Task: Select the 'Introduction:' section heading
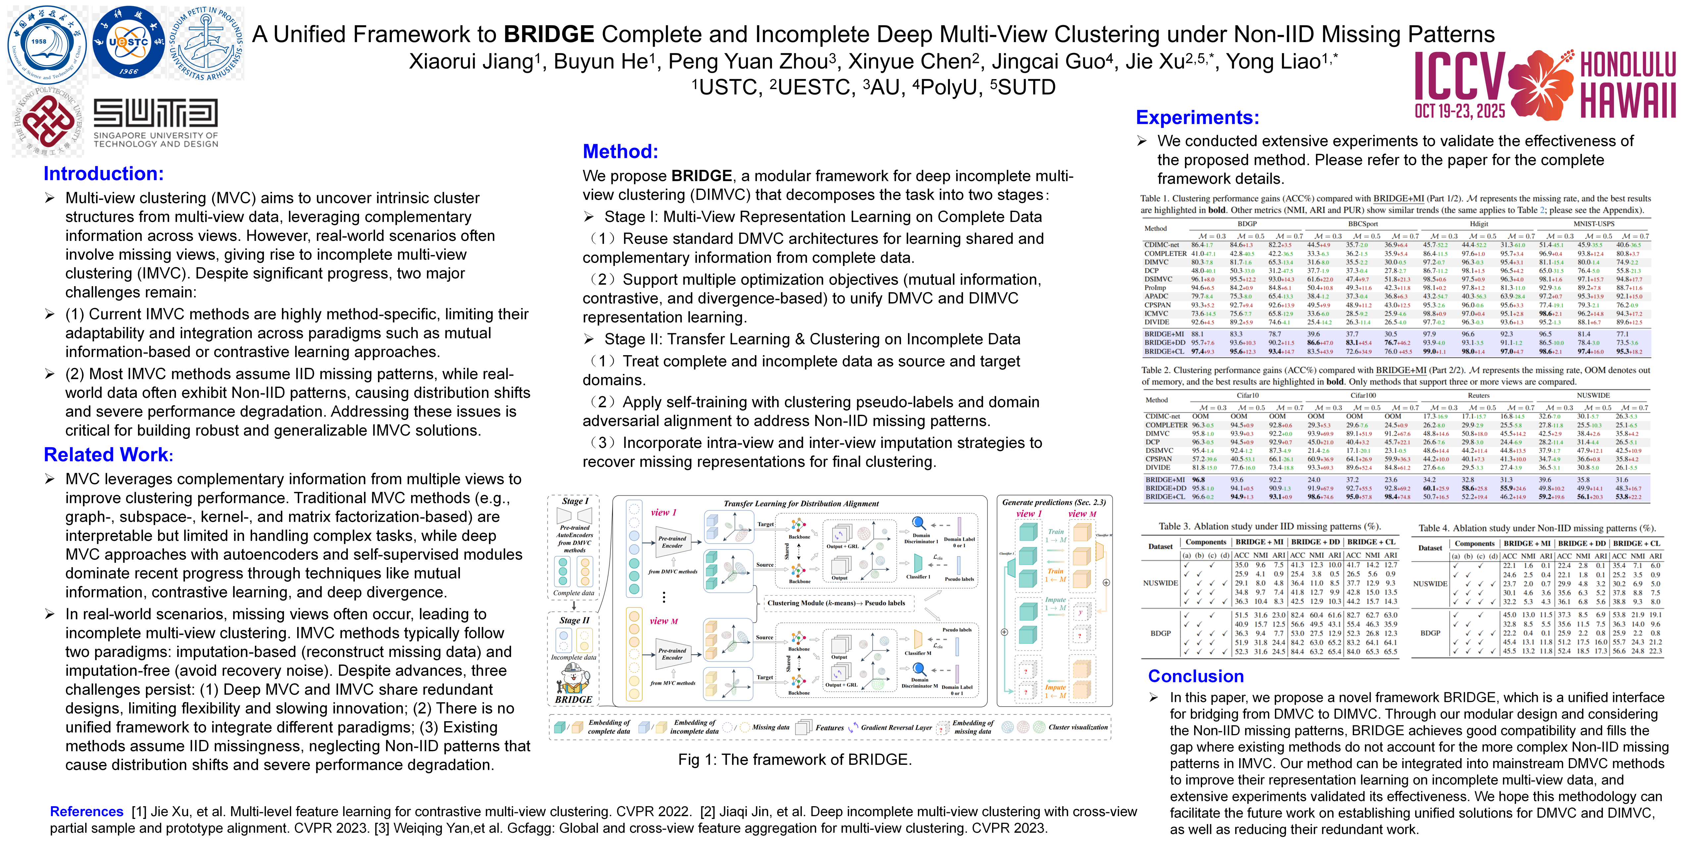[103, 174]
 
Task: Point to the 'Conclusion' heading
[1195, 676]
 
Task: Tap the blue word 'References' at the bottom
[86, 812]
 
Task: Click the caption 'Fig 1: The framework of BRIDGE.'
[795, 760]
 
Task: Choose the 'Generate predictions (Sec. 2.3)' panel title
[1053, 503]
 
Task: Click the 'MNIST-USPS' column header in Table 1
[1593, 224]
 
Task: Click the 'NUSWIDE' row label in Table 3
[1160, 583]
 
